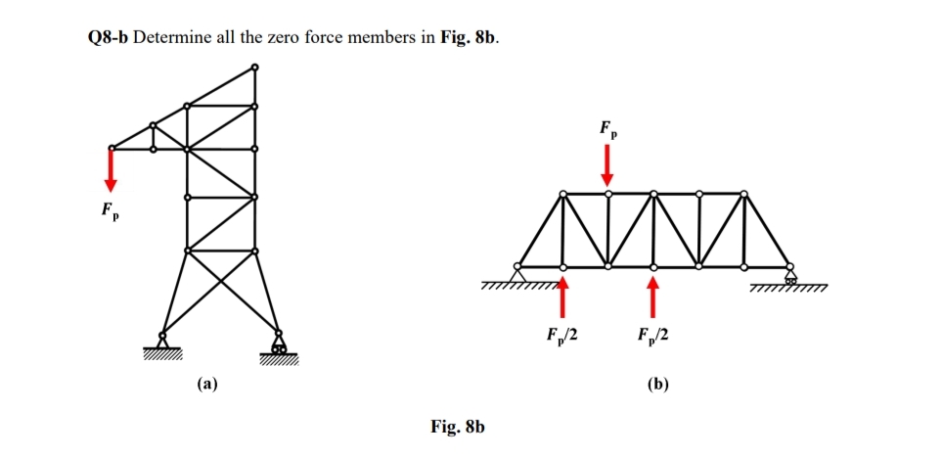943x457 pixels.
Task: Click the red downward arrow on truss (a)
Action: [x=112, y=172]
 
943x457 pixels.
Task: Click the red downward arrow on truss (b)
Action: [x=607, y=163]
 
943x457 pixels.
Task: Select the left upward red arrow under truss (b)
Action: [x=562, y=296]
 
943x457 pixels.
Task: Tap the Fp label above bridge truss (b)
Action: [x=608, y=128]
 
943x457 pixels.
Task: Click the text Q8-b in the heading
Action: [x=102, y=38]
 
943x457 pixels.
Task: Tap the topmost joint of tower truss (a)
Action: [x=254, y=68]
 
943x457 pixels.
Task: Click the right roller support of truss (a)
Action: [x=279, y=345]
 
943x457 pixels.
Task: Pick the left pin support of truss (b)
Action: [x=518, y=272]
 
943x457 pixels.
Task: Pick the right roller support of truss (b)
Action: [x=789, y=274]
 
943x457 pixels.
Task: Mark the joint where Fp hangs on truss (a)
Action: [x=112, y=149]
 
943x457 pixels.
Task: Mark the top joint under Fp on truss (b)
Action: [x=607, y=194]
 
